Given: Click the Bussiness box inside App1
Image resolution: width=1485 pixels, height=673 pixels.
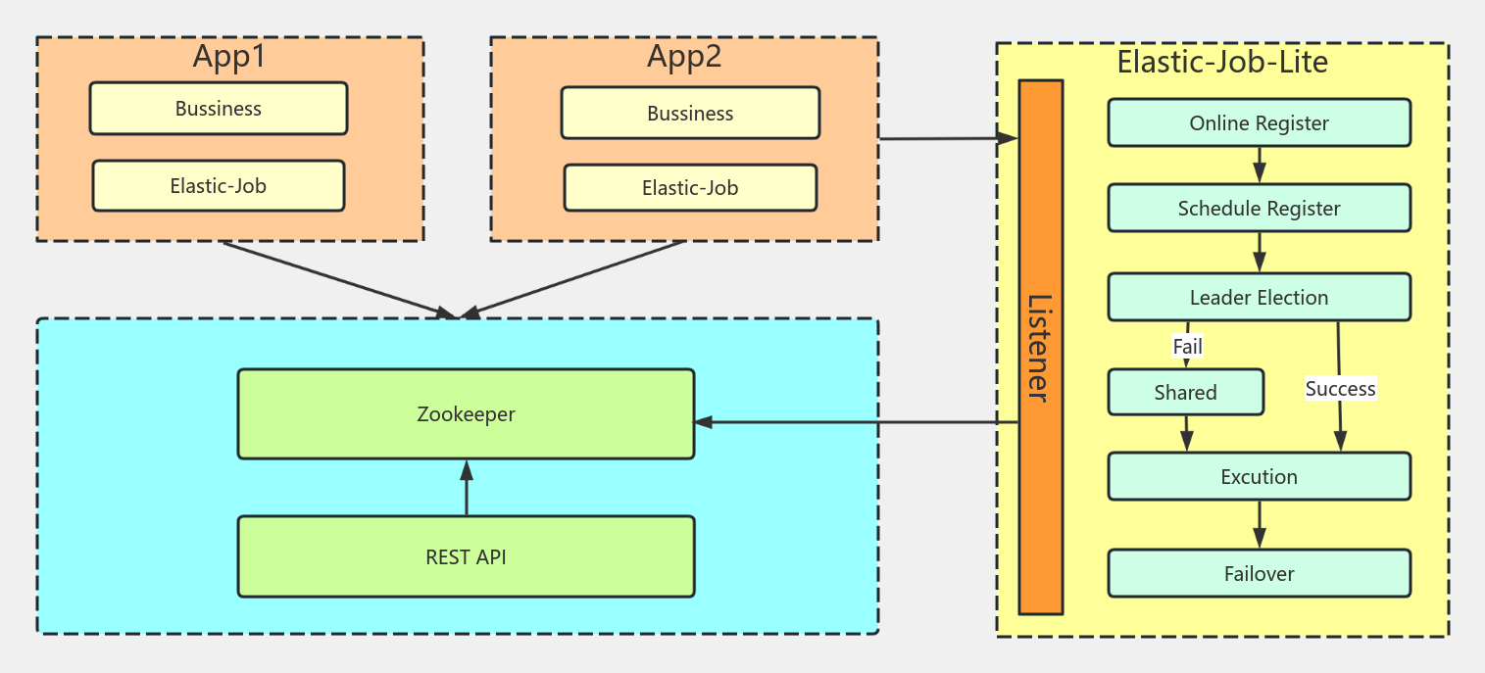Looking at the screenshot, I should click(219, 109).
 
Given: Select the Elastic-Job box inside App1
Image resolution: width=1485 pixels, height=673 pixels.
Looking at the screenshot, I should click(219, 185).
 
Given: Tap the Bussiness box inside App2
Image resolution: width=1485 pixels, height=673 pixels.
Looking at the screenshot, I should click(690, 114).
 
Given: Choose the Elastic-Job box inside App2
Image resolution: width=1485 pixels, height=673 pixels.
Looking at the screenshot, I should click(690, 187).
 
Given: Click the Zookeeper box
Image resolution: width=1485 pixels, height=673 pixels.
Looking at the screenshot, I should click(466, 413).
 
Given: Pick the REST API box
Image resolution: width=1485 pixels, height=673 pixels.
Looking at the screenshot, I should click(466, 556).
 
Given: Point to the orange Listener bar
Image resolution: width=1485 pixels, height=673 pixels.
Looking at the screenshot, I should click(1040, 347).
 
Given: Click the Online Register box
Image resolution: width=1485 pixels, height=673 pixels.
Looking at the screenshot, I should click(1259, 122).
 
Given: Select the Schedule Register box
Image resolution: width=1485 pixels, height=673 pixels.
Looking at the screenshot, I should click(1259, 208).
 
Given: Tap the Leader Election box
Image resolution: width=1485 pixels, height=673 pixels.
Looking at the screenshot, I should click(1259, 297).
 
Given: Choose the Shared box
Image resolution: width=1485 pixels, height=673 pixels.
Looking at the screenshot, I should click(1185, 392).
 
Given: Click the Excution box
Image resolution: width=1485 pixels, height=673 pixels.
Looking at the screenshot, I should click(1259, 476).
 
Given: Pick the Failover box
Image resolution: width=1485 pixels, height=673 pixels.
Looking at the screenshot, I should click(1259, 573).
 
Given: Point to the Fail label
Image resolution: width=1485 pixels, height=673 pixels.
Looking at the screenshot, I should click(1187, 346).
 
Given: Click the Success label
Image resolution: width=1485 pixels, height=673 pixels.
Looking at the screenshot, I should click(1340, 389).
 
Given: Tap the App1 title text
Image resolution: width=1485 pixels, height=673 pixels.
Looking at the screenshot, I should click(228, 57).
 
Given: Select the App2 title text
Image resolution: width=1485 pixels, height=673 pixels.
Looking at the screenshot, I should click(684, 57).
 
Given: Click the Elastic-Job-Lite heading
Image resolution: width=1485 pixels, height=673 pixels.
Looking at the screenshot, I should click(1222, 63).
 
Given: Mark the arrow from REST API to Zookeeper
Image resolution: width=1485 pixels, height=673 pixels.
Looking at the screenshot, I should click(467, 488).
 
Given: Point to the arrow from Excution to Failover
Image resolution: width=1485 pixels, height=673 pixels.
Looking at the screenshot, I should click(1260, 524).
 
